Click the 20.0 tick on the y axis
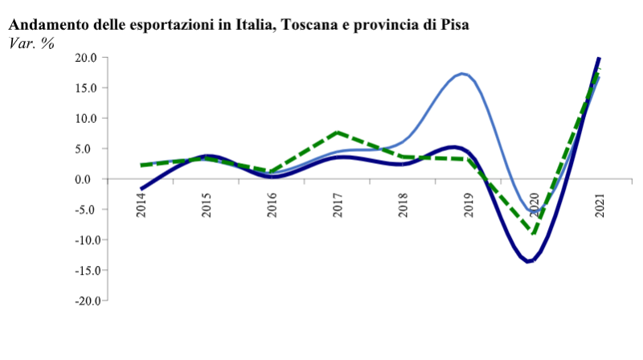tap(86, 58)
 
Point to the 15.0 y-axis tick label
tap(86, 88)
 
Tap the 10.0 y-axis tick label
tap(86, 118)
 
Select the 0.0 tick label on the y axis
tap(88, 179)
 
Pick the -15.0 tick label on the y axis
tap(84, 270)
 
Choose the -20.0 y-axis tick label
tap(84, 301)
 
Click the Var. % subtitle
tap(31, 43)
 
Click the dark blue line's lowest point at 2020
tap(529, 261)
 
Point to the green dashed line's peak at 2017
tap(338, 132)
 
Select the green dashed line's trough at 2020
tap(533, 232)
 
